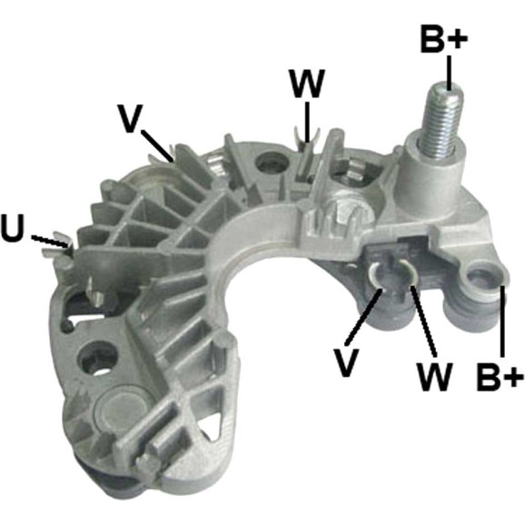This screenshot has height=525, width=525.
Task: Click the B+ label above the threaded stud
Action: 443,38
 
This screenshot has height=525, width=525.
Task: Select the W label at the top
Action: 308,84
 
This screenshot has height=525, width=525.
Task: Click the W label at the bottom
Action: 434,376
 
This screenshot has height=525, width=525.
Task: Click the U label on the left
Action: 14,228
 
